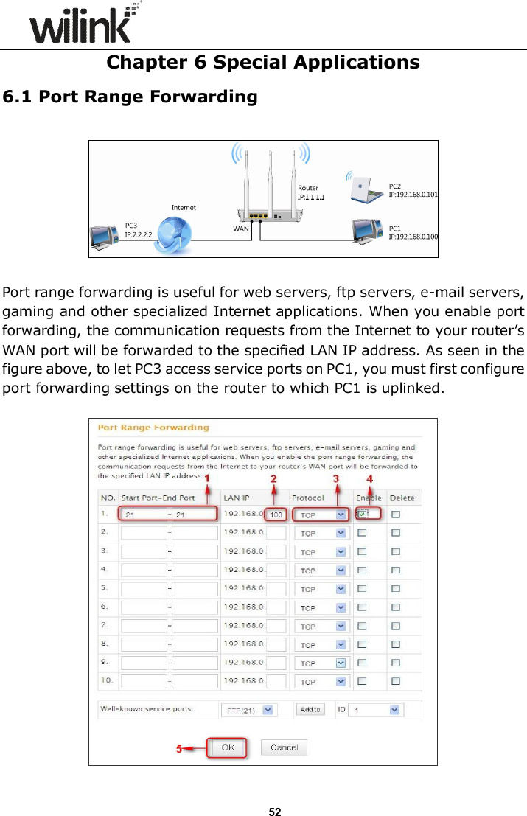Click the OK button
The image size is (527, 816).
tap(228, 747)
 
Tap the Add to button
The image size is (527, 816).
tap(310, 709)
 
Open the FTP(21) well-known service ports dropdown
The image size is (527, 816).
tap(248, 710)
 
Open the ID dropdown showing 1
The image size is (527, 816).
tap(374, 710)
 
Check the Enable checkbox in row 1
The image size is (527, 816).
tap(363, 514)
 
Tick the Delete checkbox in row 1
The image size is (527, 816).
tap(396, 514)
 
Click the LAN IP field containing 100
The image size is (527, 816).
tap(276, 514)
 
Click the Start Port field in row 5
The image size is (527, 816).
tap(144, 589)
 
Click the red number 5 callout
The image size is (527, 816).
tap(178, 749)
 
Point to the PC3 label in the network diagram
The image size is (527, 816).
tap(131, 225)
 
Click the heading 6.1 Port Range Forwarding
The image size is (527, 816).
tap(130, 97)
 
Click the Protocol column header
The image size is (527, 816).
tap(307, 498)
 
